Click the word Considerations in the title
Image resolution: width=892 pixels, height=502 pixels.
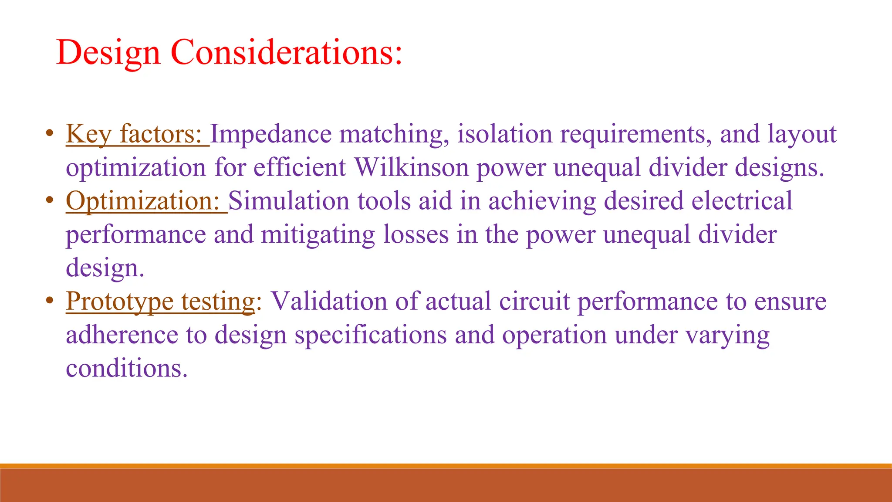287,52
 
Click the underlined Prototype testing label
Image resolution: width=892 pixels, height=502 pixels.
160,302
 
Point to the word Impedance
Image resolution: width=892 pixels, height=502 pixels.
270,134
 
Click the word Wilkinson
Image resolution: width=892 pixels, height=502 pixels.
411,167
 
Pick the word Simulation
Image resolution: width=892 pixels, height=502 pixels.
289,201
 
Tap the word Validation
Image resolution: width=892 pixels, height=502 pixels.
329,302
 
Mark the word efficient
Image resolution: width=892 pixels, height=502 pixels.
300,167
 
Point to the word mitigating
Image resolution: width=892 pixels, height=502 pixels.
318,235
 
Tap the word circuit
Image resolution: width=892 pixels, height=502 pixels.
534,302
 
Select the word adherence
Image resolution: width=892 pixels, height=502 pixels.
122,335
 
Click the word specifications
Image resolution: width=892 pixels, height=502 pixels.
371,335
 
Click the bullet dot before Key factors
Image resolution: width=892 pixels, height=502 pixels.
50,132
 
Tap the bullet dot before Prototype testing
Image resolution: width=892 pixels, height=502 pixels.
50,300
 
